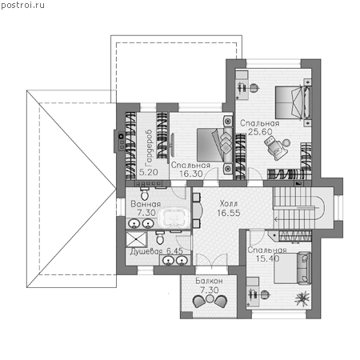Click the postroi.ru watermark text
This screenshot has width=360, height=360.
22,6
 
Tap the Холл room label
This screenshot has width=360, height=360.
229,204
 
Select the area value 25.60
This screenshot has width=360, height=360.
260,132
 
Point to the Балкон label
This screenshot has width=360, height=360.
209,281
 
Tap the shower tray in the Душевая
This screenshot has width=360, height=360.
136,239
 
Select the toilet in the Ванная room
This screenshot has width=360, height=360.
145,193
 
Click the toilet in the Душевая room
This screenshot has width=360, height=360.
160,238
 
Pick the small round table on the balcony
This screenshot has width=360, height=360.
210,299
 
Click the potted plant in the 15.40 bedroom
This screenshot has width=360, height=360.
302,298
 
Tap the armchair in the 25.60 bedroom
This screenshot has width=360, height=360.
274,148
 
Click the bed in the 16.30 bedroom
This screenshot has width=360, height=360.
214,145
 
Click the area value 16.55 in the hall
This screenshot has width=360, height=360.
229,213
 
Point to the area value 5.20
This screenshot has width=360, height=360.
149,172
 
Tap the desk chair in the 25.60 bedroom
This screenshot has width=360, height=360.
254,87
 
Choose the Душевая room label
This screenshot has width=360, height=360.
146,251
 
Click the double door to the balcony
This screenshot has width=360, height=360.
211,260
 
